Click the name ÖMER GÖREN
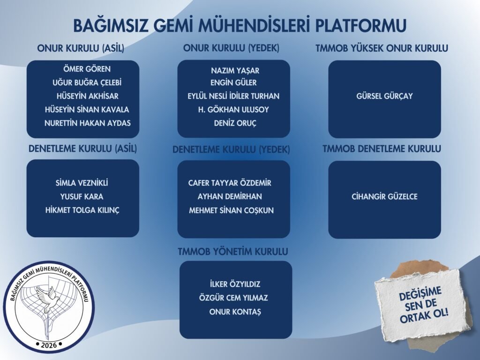point(87,69)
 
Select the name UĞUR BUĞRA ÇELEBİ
point(87,82)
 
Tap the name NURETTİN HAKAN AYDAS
point(88,123)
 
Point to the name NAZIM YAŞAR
point(235,71)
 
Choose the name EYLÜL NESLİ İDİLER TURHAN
point(233,96)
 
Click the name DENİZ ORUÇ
point(235,123)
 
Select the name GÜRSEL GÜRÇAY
point(384,96)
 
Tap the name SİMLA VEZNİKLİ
point(82,183)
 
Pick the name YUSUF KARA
point(82,196)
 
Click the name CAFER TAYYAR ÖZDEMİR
point(230,183)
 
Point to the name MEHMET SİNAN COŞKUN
point(231,210)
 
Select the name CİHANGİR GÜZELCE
point(384,196)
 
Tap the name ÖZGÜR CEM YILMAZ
point(233,298)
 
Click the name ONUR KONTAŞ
point(235,312)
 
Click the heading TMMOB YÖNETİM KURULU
point(233,252)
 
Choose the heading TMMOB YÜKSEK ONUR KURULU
point(382,48)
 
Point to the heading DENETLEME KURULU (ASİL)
point(82,149)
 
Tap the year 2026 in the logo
point(49,345)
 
